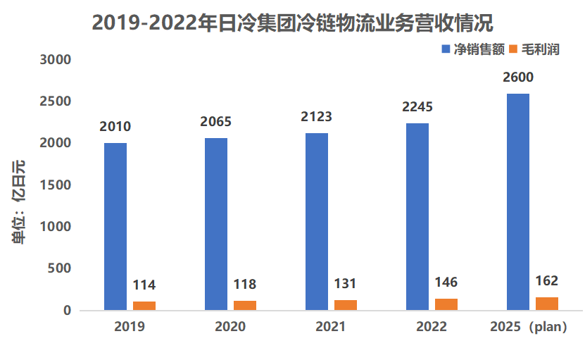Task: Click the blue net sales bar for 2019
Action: tap(115, 225)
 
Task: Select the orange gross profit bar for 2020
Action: tap(245, 305)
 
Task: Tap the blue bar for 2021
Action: tap(317, 221)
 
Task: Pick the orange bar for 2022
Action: tap(446, 304)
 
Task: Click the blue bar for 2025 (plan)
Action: tap(518, 201)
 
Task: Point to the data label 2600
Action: tap(518, 77)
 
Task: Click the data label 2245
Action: tap(417, 107)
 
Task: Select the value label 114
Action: tap(144, 285)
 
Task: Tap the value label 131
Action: tap(345, 284)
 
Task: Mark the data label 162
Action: tap(546, 281)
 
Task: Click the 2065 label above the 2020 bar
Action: tap(216, 122)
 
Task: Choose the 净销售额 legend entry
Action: tap(474, 50)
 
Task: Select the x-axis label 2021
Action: tap(330, 328)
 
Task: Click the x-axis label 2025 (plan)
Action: tap(528, 328)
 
